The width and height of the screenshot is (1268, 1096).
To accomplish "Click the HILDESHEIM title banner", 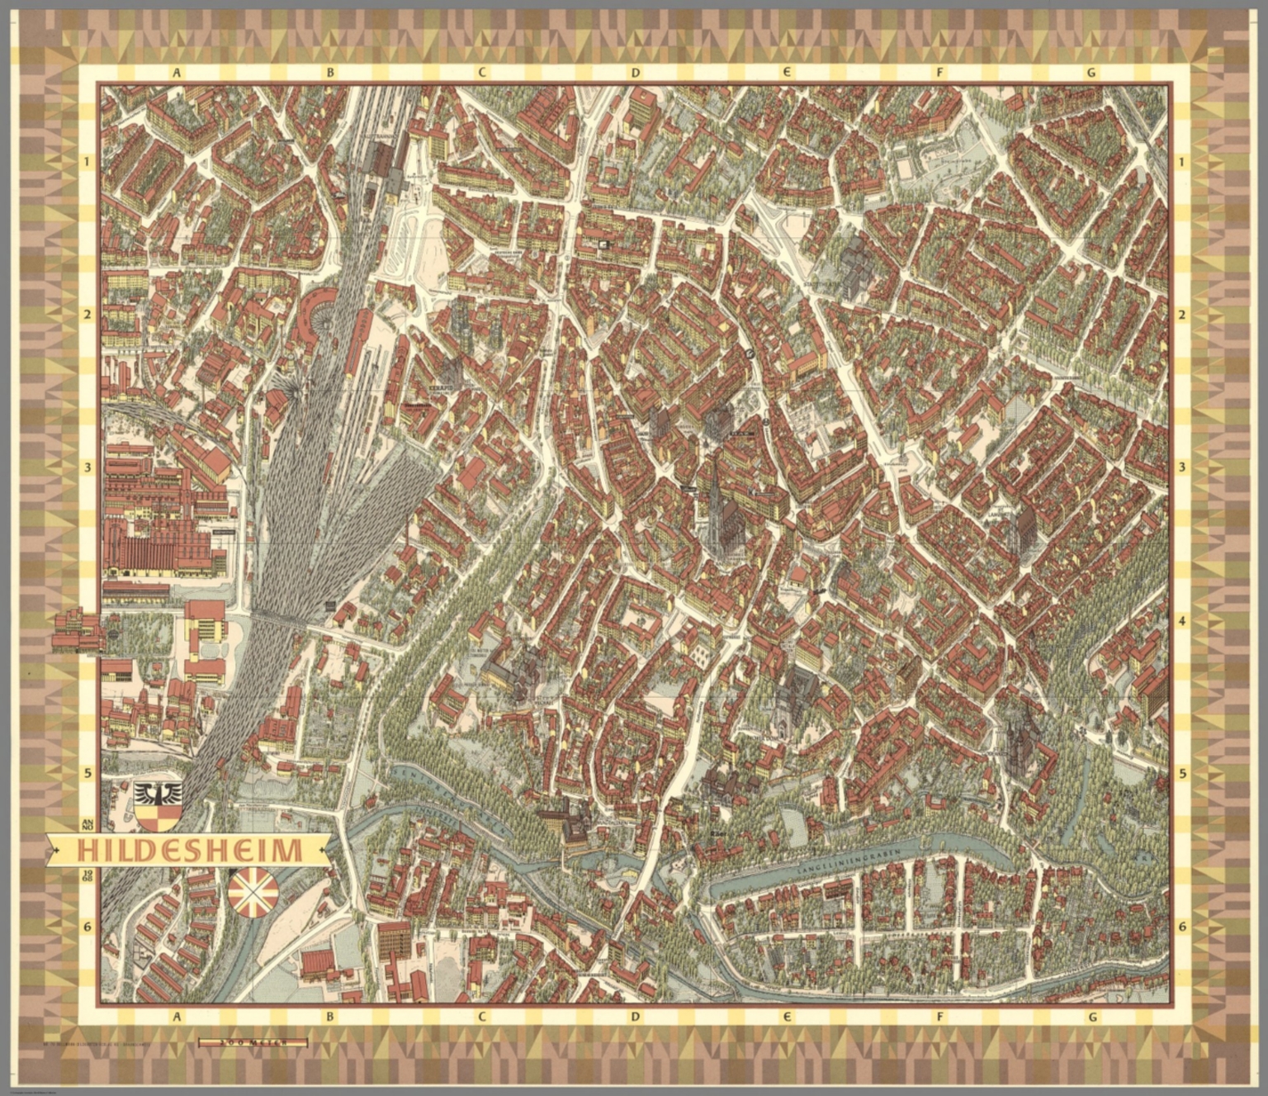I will pos(188,850).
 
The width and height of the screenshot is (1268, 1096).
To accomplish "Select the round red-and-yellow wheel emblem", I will pos(253,894).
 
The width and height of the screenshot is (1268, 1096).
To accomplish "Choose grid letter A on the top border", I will pos(176,73).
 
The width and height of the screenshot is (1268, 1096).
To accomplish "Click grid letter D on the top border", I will pos(635,73).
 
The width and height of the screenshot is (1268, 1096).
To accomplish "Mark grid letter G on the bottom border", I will pos(1092,1017).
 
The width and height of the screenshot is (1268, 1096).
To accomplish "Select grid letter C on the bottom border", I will pos(481,1017).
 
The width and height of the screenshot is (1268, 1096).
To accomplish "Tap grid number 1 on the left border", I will pos(88,162).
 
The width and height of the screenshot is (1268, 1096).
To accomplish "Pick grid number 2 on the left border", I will pos(88,315).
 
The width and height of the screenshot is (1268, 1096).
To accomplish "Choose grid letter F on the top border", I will pos(939,73).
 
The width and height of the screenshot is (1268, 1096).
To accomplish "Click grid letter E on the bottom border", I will pos(788,1017).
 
